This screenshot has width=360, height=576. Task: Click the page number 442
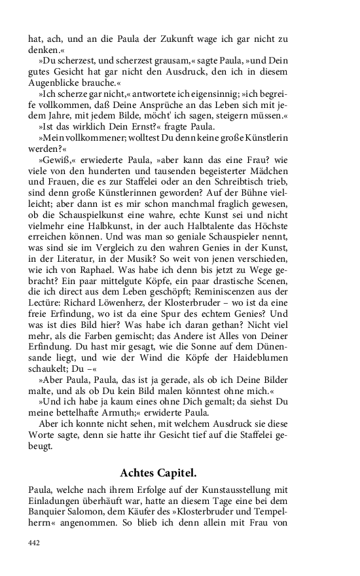(35, 542)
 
